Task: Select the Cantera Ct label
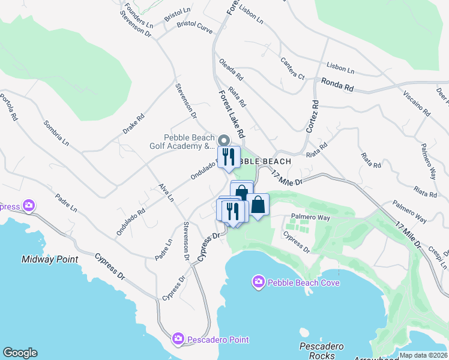(293, 68)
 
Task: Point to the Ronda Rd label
(337, 85)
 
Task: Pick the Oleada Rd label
(231, 70)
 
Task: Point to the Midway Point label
(50, 259)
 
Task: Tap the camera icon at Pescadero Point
(178, 340)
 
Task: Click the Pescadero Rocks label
(321, 351)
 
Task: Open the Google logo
(19, 353)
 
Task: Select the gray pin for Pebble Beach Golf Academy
(223, 140)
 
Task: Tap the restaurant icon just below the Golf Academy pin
(229, 158)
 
